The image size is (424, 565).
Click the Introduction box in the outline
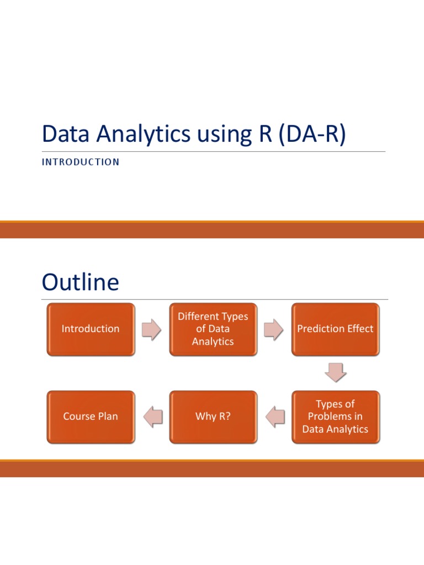point(91,329)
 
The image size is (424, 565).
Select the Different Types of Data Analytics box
point(213,329)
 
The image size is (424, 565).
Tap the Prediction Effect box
point(335,329)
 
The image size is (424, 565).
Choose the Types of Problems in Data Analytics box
point(335,417)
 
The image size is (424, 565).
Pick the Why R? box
point(213,417)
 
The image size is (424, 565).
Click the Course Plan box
point(91,417)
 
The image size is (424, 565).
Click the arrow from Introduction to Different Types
point(152,329)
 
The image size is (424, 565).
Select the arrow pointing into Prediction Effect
point(274,329)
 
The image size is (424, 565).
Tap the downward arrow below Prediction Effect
point(335,372)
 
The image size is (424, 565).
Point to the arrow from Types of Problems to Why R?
point(274,417)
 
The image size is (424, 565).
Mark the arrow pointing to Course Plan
point(152,417)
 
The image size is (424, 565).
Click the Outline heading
point(80,282)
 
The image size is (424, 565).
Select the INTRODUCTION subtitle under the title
point(80,162)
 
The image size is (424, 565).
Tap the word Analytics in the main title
point(137,135)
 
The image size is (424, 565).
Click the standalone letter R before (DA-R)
point(261,135)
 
